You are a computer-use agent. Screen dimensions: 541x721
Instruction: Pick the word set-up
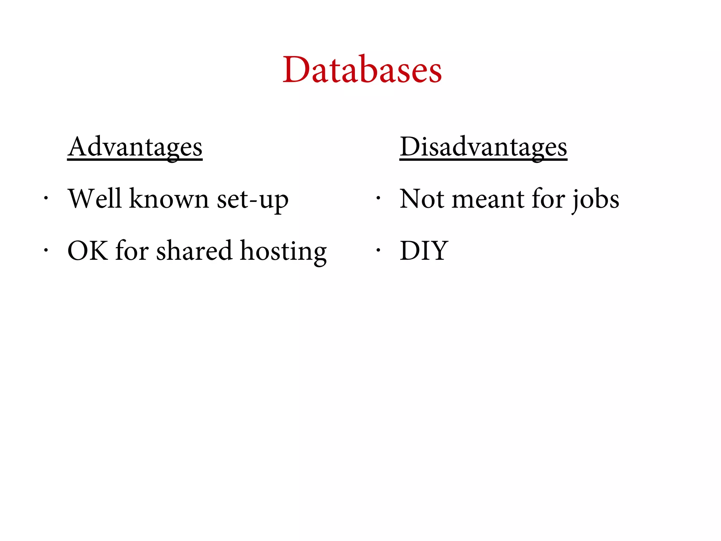(252, 199)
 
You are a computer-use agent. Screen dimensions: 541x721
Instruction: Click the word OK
(88, 251)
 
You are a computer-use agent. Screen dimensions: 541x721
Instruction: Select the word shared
(194, 251)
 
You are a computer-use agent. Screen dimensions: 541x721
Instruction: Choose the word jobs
(595, 199)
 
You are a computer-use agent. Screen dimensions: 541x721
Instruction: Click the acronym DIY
(424, 251)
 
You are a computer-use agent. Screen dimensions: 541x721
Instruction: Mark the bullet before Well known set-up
(45, 198)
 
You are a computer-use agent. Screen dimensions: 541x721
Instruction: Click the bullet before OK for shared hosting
(45, 250)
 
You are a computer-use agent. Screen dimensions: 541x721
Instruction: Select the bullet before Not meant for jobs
(378, 198)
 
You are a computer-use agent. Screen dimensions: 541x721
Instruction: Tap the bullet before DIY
(378, 250)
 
